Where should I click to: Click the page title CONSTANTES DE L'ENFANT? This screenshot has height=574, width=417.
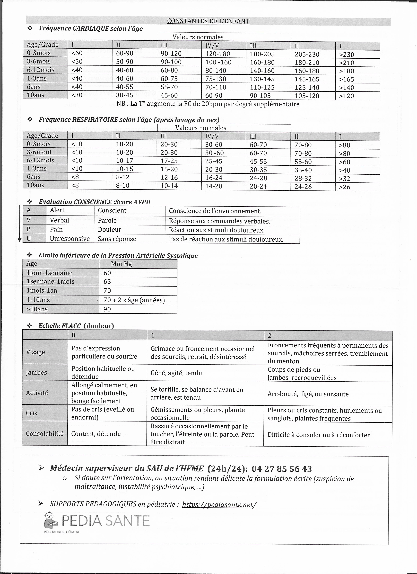tap(208, 21)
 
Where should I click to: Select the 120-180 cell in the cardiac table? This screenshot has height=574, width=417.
tap(217, 54)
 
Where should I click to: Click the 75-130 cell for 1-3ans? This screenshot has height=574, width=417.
tap(216, 79)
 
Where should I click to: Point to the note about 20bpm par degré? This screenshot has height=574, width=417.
tap(208, 104)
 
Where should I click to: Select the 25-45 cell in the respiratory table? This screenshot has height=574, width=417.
tap(214, 161)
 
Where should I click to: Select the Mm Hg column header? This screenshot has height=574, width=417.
tap(121, 264)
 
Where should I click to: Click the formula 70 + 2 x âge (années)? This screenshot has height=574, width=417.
tap(134, 300)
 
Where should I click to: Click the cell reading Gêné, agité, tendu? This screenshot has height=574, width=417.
tap(176, 373)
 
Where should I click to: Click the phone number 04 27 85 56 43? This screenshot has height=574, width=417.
tap(282, 469)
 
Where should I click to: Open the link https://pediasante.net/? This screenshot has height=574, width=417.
tap(219, 505)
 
